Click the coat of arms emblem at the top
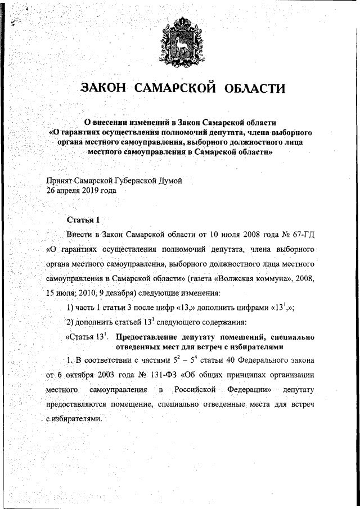180,39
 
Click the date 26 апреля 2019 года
81,191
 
